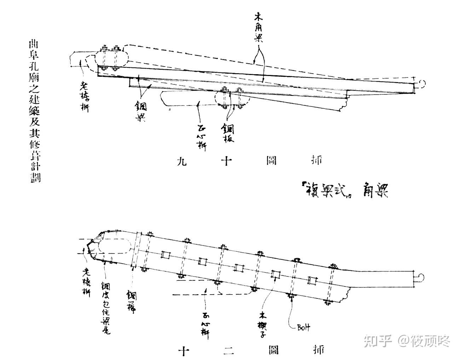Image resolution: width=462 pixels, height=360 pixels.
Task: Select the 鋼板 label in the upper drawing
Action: [228, 133]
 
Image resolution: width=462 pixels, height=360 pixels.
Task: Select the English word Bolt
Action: [303, 328]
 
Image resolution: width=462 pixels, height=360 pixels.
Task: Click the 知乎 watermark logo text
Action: [378, 341]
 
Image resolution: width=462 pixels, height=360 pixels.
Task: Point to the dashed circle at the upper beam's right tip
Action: [421, 83]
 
